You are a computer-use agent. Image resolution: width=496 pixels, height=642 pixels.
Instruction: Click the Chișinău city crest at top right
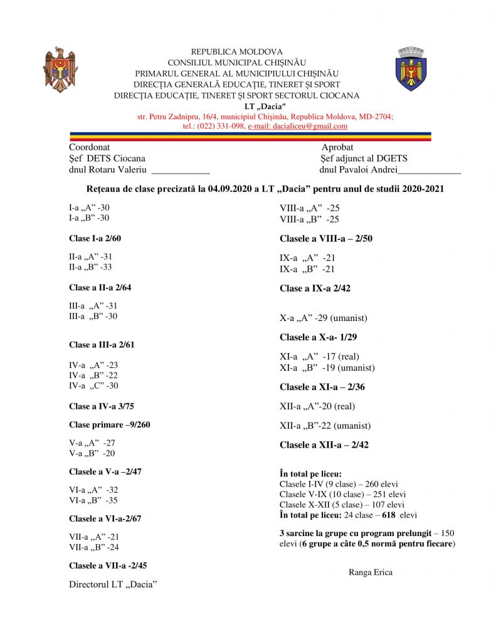tap(412, 69)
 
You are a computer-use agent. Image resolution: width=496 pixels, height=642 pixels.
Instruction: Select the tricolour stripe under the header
tap(250, 136)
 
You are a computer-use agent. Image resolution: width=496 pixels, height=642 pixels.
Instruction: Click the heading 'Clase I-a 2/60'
tap(95, 238)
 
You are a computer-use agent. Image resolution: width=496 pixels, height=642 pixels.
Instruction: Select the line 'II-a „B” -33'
tap(90, 267)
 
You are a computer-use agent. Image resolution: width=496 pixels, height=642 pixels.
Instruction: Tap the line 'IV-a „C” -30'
tap(93, 386)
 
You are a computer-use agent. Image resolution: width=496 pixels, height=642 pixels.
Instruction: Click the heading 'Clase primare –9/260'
tap(109, 424)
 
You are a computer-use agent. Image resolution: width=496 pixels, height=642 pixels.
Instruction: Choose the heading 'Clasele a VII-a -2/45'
tap(108, 566)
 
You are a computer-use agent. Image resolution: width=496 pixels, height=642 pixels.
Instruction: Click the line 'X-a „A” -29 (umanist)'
tap(323, 318)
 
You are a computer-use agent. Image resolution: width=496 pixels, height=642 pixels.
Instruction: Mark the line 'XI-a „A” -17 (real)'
tap(319, 357)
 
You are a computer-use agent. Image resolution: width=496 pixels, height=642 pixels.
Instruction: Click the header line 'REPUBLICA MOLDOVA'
tap(236, 52)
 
